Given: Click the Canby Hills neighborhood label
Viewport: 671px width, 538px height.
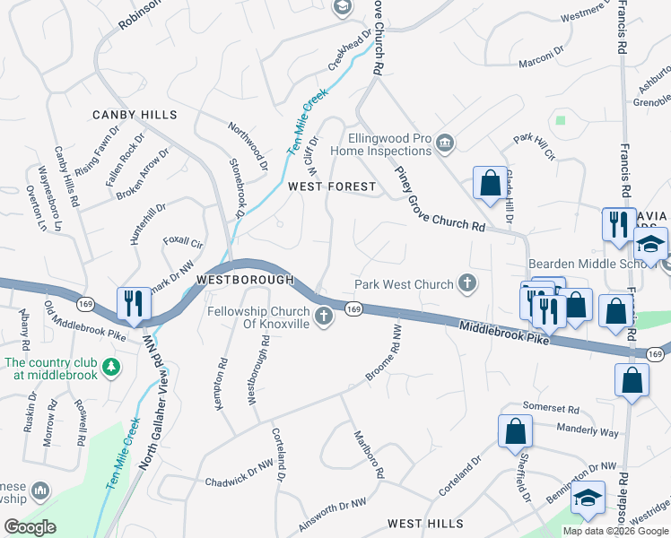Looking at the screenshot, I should point(135,115).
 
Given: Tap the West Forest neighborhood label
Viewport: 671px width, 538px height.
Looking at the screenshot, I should point(331,187).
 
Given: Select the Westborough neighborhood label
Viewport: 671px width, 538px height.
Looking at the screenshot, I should point(245,280).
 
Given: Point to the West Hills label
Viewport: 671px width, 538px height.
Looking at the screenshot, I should point(425,523).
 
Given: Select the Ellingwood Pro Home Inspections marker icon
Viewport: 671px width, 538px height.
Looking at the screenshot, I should point(445,143).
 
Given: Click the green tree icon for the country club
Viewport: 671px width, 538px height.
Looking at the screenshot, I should point(110,367).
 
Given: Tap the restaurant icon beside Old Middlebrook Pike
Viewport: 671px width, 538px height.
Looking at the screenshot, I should point(131,303).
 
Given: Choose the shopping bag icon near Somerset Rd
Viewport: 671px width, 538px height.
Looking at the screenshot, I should point(516,431).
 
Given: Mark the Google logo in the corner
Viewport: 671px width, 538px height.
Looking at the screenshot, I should point(30,526).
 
